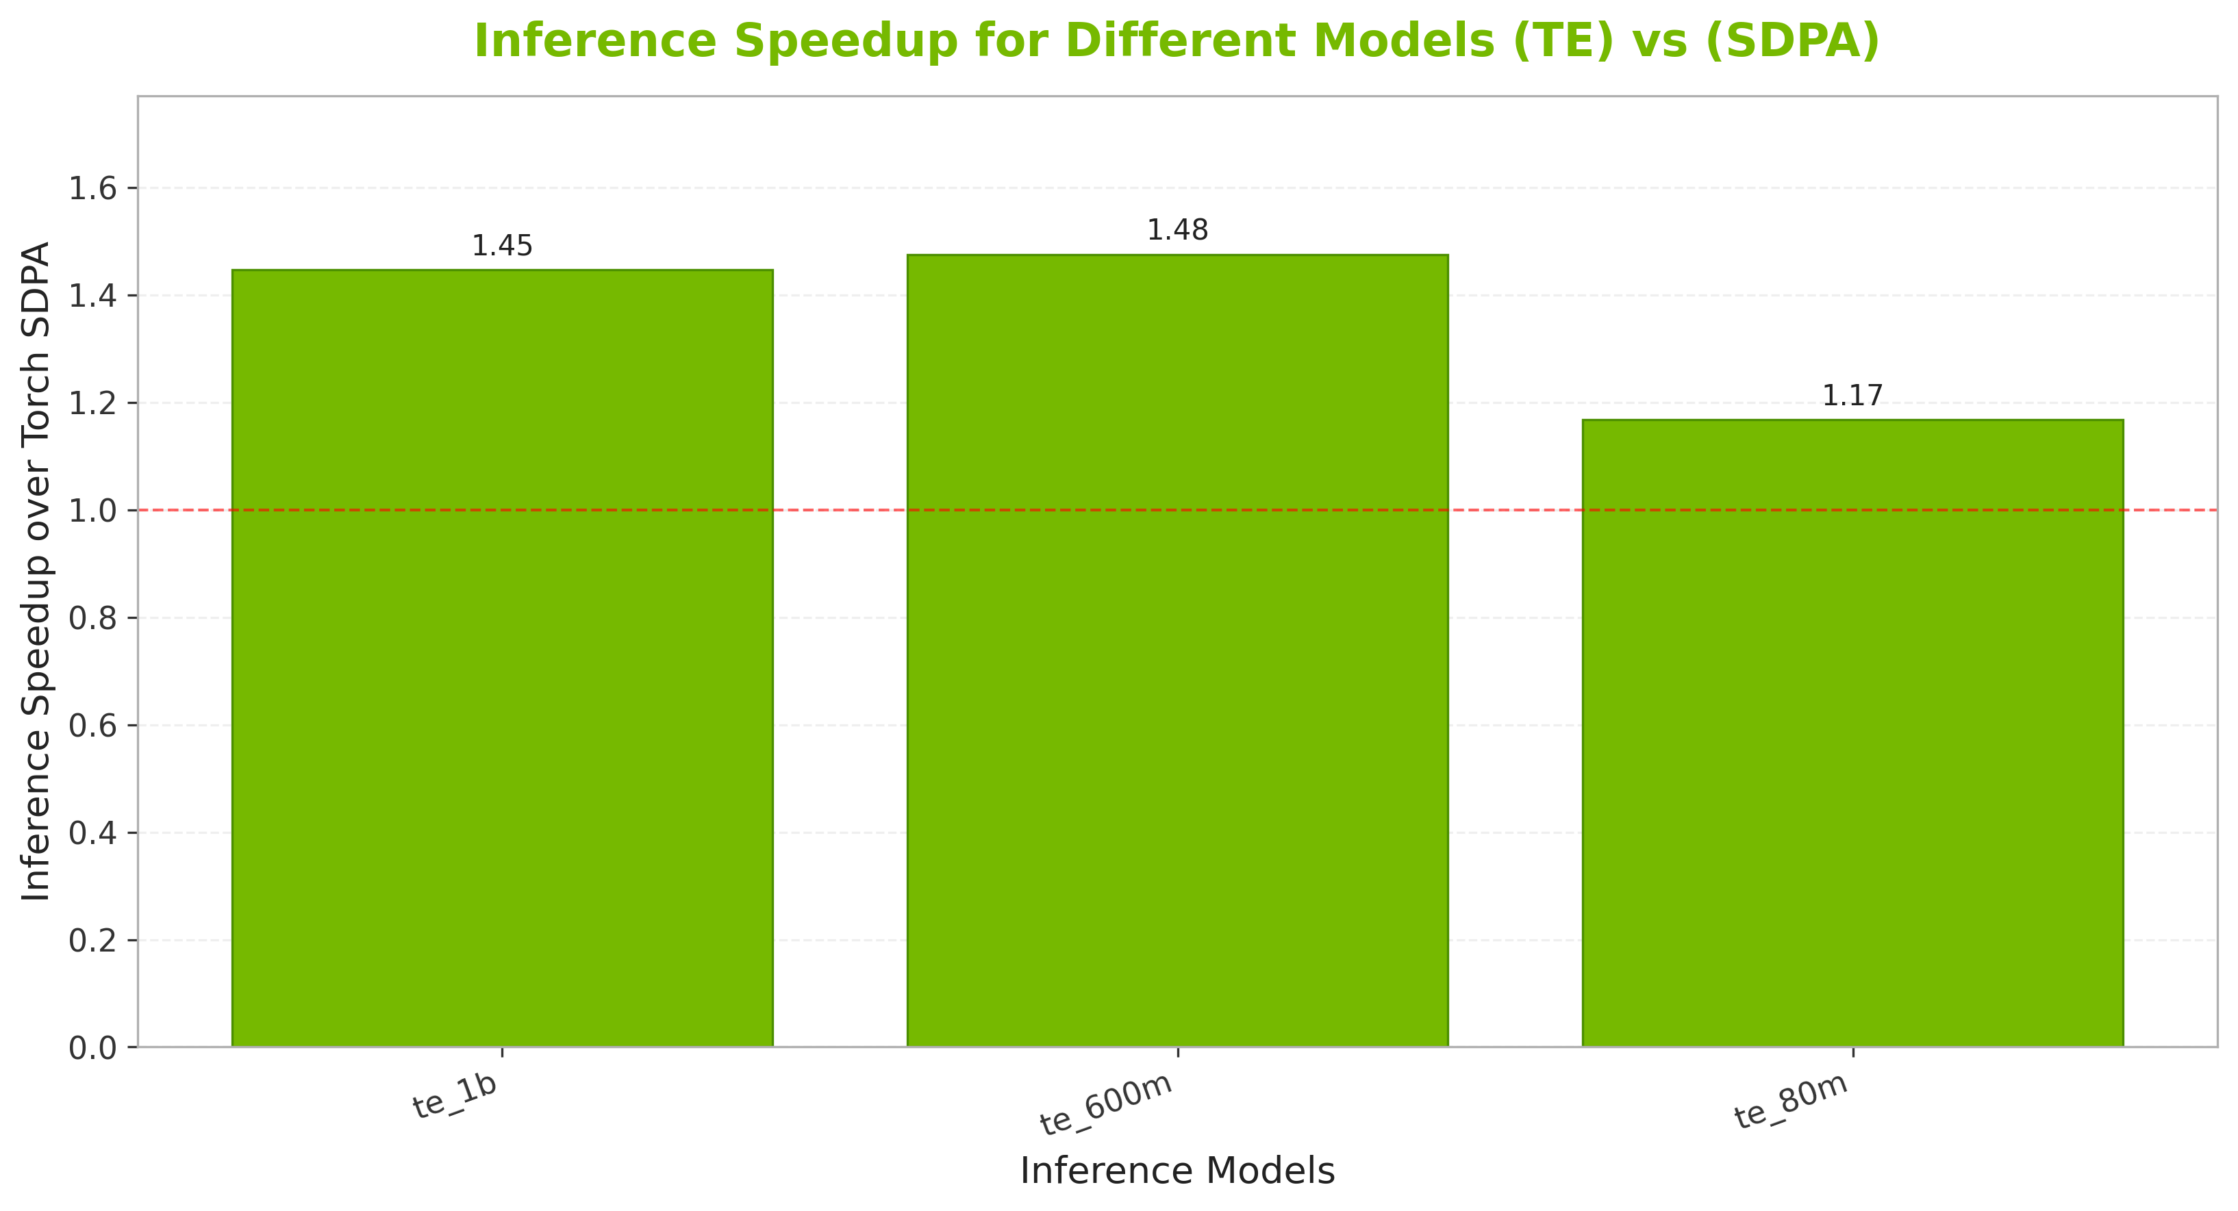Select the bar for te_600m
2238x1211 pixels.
(1177, 652)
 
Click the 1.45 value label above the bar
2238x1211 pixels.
(502, 246)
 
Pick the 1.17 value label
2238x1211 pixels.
(1852, 397)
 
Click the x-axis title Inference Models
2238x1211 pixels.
(1177, 1172)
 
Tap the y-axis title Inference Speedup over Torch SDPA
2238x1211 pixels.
(36, 572)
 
